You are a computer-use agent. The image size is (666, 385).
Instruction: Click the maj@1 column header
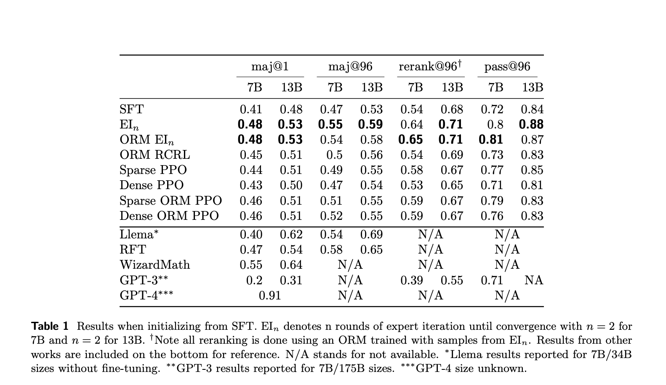[270, 67]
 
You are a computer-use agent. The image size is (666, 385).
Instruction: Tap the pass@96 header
[507, 67]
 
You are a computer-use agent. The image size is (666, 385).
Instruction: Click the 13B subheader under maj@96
[372, 88]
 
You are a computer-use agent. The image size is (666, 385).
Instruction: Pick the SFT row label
[131, 110]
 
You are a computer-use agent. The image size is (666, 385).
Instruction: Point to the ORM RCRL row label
[155, 155]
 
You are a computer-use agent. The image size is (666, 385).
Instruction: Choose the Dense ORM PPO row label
[169, 216]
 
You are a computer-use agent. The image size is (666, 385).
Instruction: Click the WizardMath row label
[155, 265]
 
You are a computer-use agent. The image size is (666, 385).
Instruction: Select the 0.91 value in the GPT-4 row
[270, 295]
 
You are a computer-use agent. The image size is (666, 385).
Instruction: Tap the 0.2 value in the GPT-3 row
[254, 280]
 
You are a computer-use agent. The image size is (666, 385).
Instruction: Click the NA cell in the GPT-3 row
[533, 280]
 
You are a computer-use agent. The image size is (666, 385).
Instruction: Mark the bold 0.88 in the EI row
[531, 125]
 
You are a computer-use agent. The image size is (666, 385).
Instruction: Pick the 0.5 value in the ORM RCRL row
[334, 155]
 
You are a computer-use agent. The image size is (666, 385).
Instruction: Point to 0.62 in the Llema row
[291, 235]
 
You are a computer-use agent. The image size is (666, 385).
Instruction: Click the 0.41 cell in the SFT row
[251, 110]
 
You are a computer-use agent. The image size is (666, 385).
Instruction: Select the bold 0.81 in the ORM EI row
[491, 140]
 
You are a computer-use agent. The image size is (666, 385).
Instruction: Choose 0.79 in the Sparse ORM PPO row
[492, 201]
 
